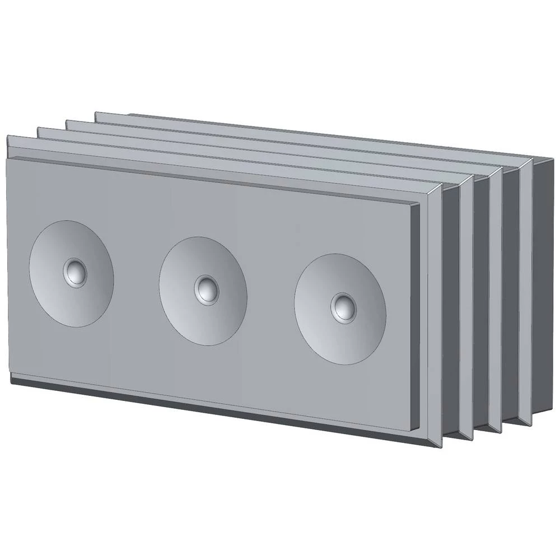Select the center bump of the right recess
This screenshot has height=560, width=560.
[342, 306]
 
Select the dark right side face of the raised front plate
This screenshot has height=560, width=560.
[415, 314]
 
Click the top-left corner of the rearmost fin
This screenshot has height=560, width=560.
[96, 114]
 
